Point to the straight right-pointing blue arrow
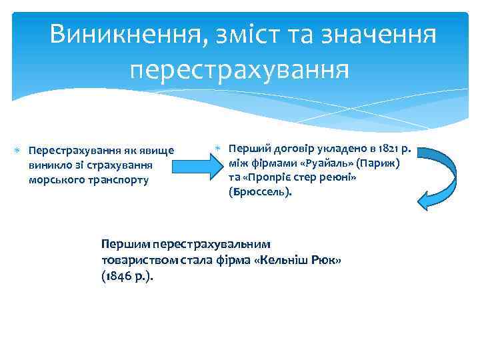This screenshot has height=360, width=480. pyautogui.click(x=195, y=163)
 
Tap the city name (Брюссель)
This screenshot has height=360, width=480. pyautogui.click(x=260, y=193)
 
